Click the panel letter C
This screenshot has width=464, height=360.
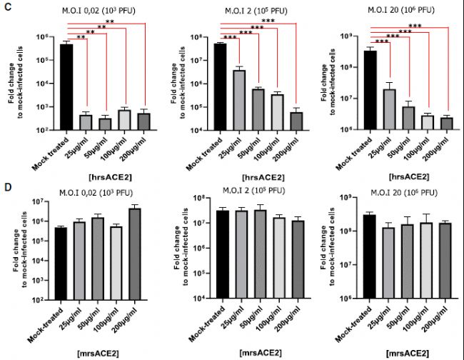(6, 6)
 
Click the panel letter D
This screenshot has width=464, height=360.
(6, 188)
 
